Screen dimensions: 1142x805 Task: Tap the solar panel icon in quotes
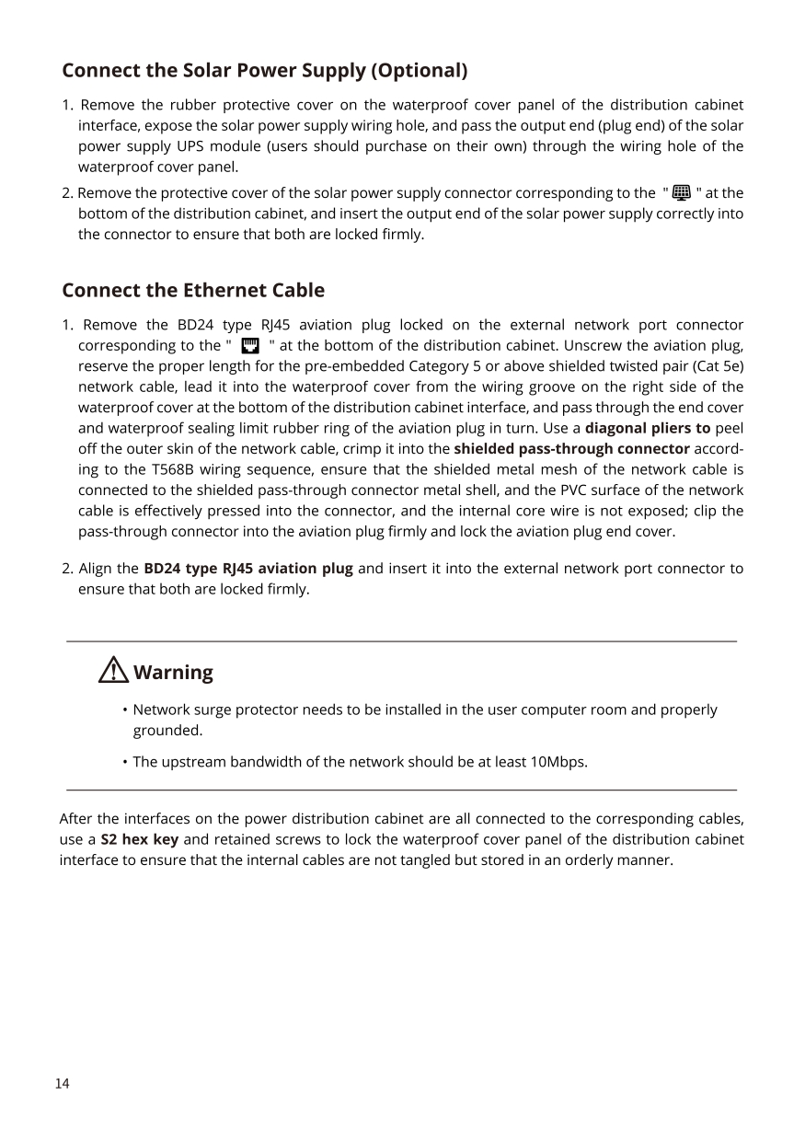point(682,192)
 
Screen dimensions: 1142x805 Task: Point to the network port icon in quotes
point(248,346)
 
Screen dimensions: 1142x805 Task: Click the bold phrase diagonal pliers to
point(648,428)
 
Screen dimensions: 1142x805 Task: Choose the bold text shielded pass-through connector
point(571,449)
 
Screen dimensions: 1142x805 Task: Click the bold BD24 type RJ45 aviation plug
point(248,569)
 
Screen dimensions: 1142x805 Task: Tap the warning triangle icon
point(113,671)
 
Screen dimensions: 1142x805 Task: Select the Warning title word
point(173,673)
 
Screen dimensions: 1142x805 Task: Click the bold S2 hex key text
point(140,840)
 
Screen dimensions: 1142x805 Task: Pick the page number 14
point(62,1084)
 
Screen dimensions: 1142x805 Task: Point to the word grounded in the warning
point(167,731)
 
